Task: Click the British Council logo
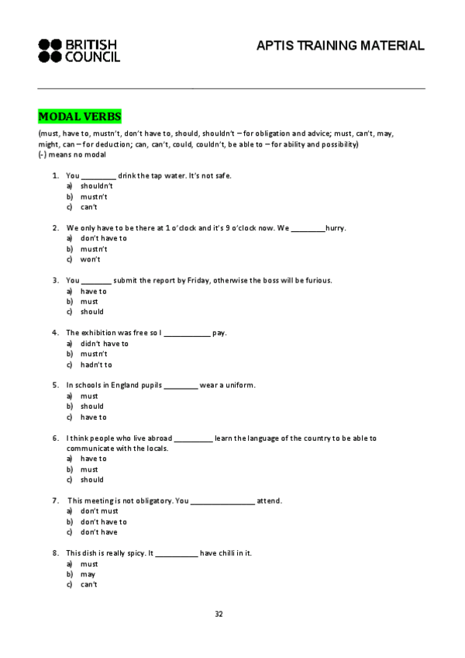[78, 50]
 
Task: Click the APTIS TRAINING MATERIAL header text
[340, 46]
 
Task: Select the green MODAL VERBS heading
[80, 117]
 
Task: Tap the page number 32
[219, 614]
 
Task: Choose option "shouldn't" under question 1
[97, 186]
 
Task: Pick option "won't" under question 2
[90, 259]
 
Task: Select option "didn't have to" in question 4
[104, 343]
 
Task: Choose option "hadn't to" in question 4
[96, 365]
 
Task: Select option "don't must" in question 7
[99, 511]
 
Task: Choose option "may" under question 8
[88, 574]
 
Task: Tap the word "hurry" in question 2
[335, 228]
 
